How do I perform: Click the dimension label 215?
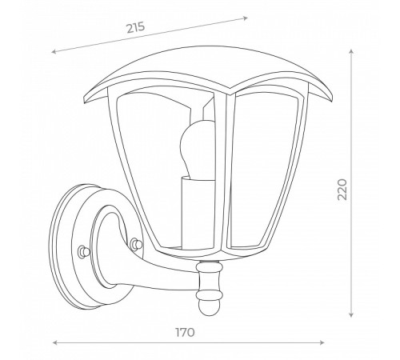(x=136, y=27)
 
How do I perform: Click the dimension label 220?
(x=342, y=190)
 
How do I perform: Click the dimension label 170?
(x=185, y=332)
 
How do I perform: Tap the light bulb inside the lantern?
(x=198, y=149)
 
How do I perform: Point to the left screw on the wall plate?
(x=82, y=251)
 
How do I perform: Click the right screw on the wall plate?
(x=136, y=243)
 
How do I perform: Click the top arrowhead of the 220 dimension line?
(x=351, y=51)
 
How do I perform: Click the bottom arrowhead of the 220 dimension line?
(x=351, y=314)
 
